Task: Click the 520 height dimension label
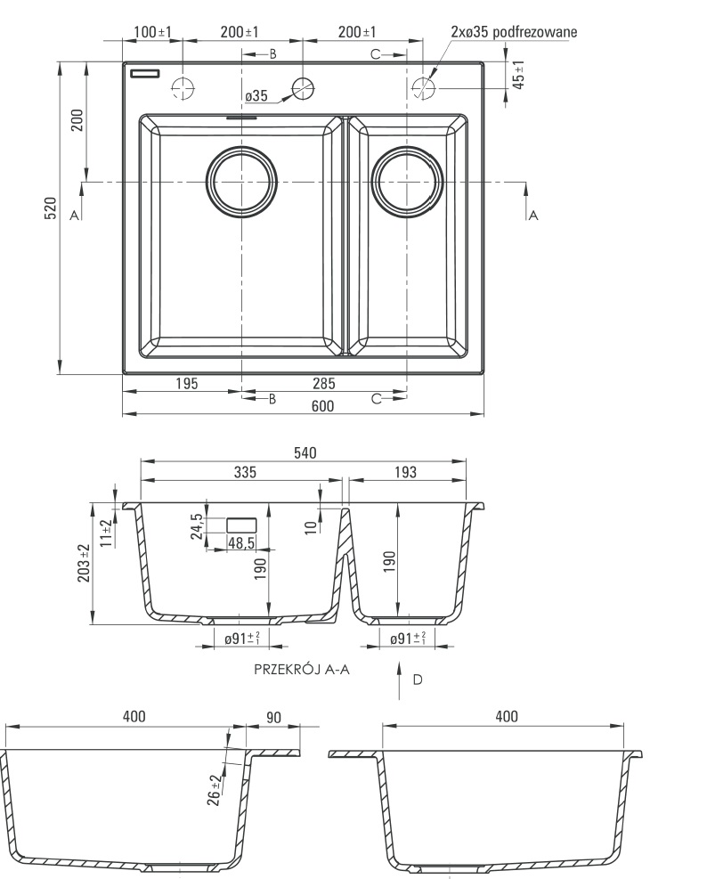point(51,213)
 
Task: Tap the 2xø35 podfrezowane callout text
point(514,32)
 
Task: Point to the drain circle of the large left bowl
point(241,182)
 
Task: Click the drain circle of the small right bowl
point(407,182)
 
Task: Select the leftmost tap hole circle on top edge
point(182,87)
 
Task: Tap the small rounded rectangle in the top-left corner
point(143,74)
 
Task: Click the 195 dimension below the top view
point(186,384)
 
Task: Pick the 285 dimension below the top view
point(324,384)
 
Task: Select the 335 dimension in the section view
point(246,472)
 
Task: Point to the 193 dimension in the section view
point(405,472)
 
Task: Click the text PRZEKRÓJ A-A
point(301,669)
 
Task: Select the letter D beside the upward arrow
point(417,680)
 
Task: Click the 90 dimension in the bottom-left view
point(272,717)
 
